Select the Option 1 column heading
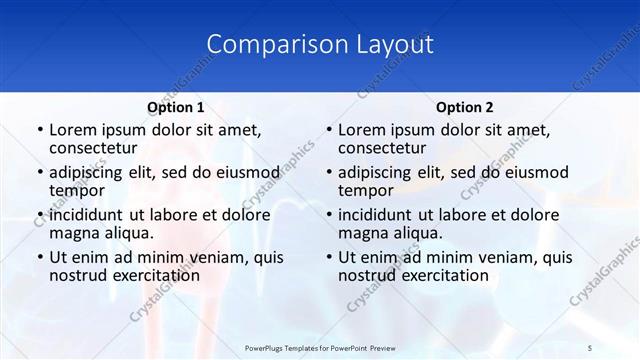click(x=176, y=107)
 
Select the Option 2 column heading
click(x=465, y=107)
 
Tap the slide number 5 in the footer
click(x=589, y=347)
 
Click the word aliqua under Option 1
click(x=129, y=233)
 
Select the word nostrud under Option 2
click(x=368, y=275)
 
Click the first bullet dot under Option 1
click(x=39, y=130)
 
